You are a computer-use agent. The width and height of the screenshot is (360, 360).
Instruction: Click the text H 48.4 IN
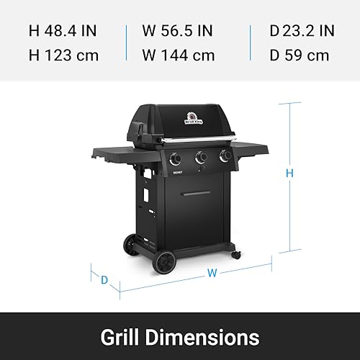tap(63, 31)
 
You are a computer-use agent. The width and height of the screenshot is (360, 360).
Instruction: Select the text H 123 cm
tap(63, 55)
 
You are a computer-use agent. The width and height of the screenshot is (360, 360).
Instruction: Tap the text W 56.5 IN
tap(178, 31)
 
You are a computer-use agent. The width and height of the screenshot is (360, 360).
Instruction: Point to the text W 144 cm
tap(179, 55)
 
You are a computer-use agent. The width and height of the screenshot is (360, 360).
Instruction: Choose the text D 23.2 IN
tap(302, 31)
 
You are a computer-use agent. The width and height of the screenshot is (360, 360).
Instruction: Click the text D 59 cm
tap(300, 55)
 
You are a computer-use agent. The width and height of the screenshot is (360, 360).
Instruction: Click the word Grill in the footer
tap(120, 337)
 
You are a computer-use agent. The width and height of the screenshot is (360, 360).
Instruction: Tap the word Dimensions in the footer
tap(202, 337)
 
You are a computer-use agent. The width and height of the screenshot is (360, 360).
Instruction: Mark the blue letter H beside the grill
tap(289, 173)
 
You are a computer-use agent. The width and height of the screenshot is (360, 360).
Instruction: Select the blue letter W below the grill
tap(212, 273)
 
